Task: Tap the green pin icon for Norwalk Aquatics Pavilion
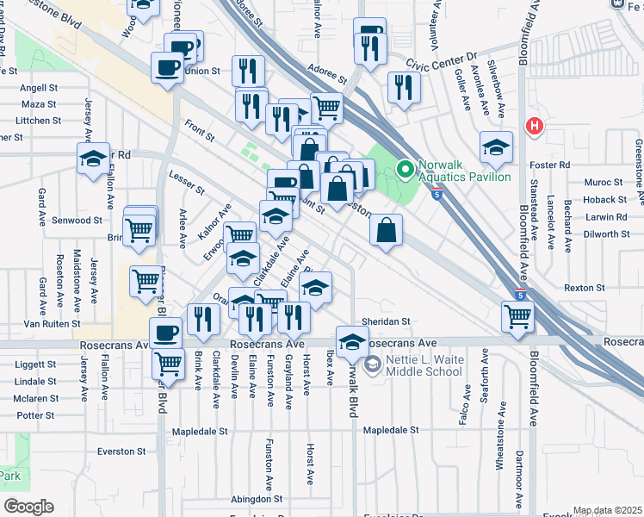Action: point(402,167)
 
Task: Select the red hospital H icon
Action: point(535,127)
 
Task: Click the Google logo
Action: point(28,506)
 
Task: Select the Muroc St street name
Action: point(603,183)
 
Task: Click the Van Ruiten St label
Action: point(52,324)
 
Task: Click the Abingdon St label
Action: point(257,499)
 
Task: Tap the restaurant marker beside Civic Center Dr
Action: point(403,88)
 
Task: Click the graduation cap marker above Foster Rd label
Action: point(496,147)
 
